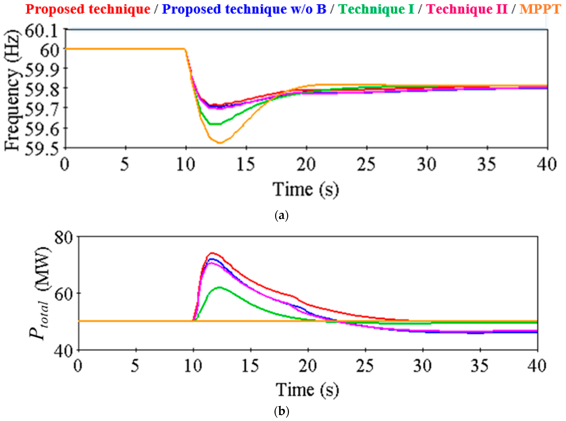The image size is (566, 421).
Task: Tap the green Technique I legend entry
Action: coord(376,9)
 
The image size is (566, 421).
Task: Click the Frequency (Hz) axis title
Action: coord(12,90)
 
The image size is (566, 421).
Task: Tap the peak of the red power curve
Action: coord(212,253)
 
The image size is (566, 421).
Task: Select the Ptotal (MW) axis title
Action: coord(40,293)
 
